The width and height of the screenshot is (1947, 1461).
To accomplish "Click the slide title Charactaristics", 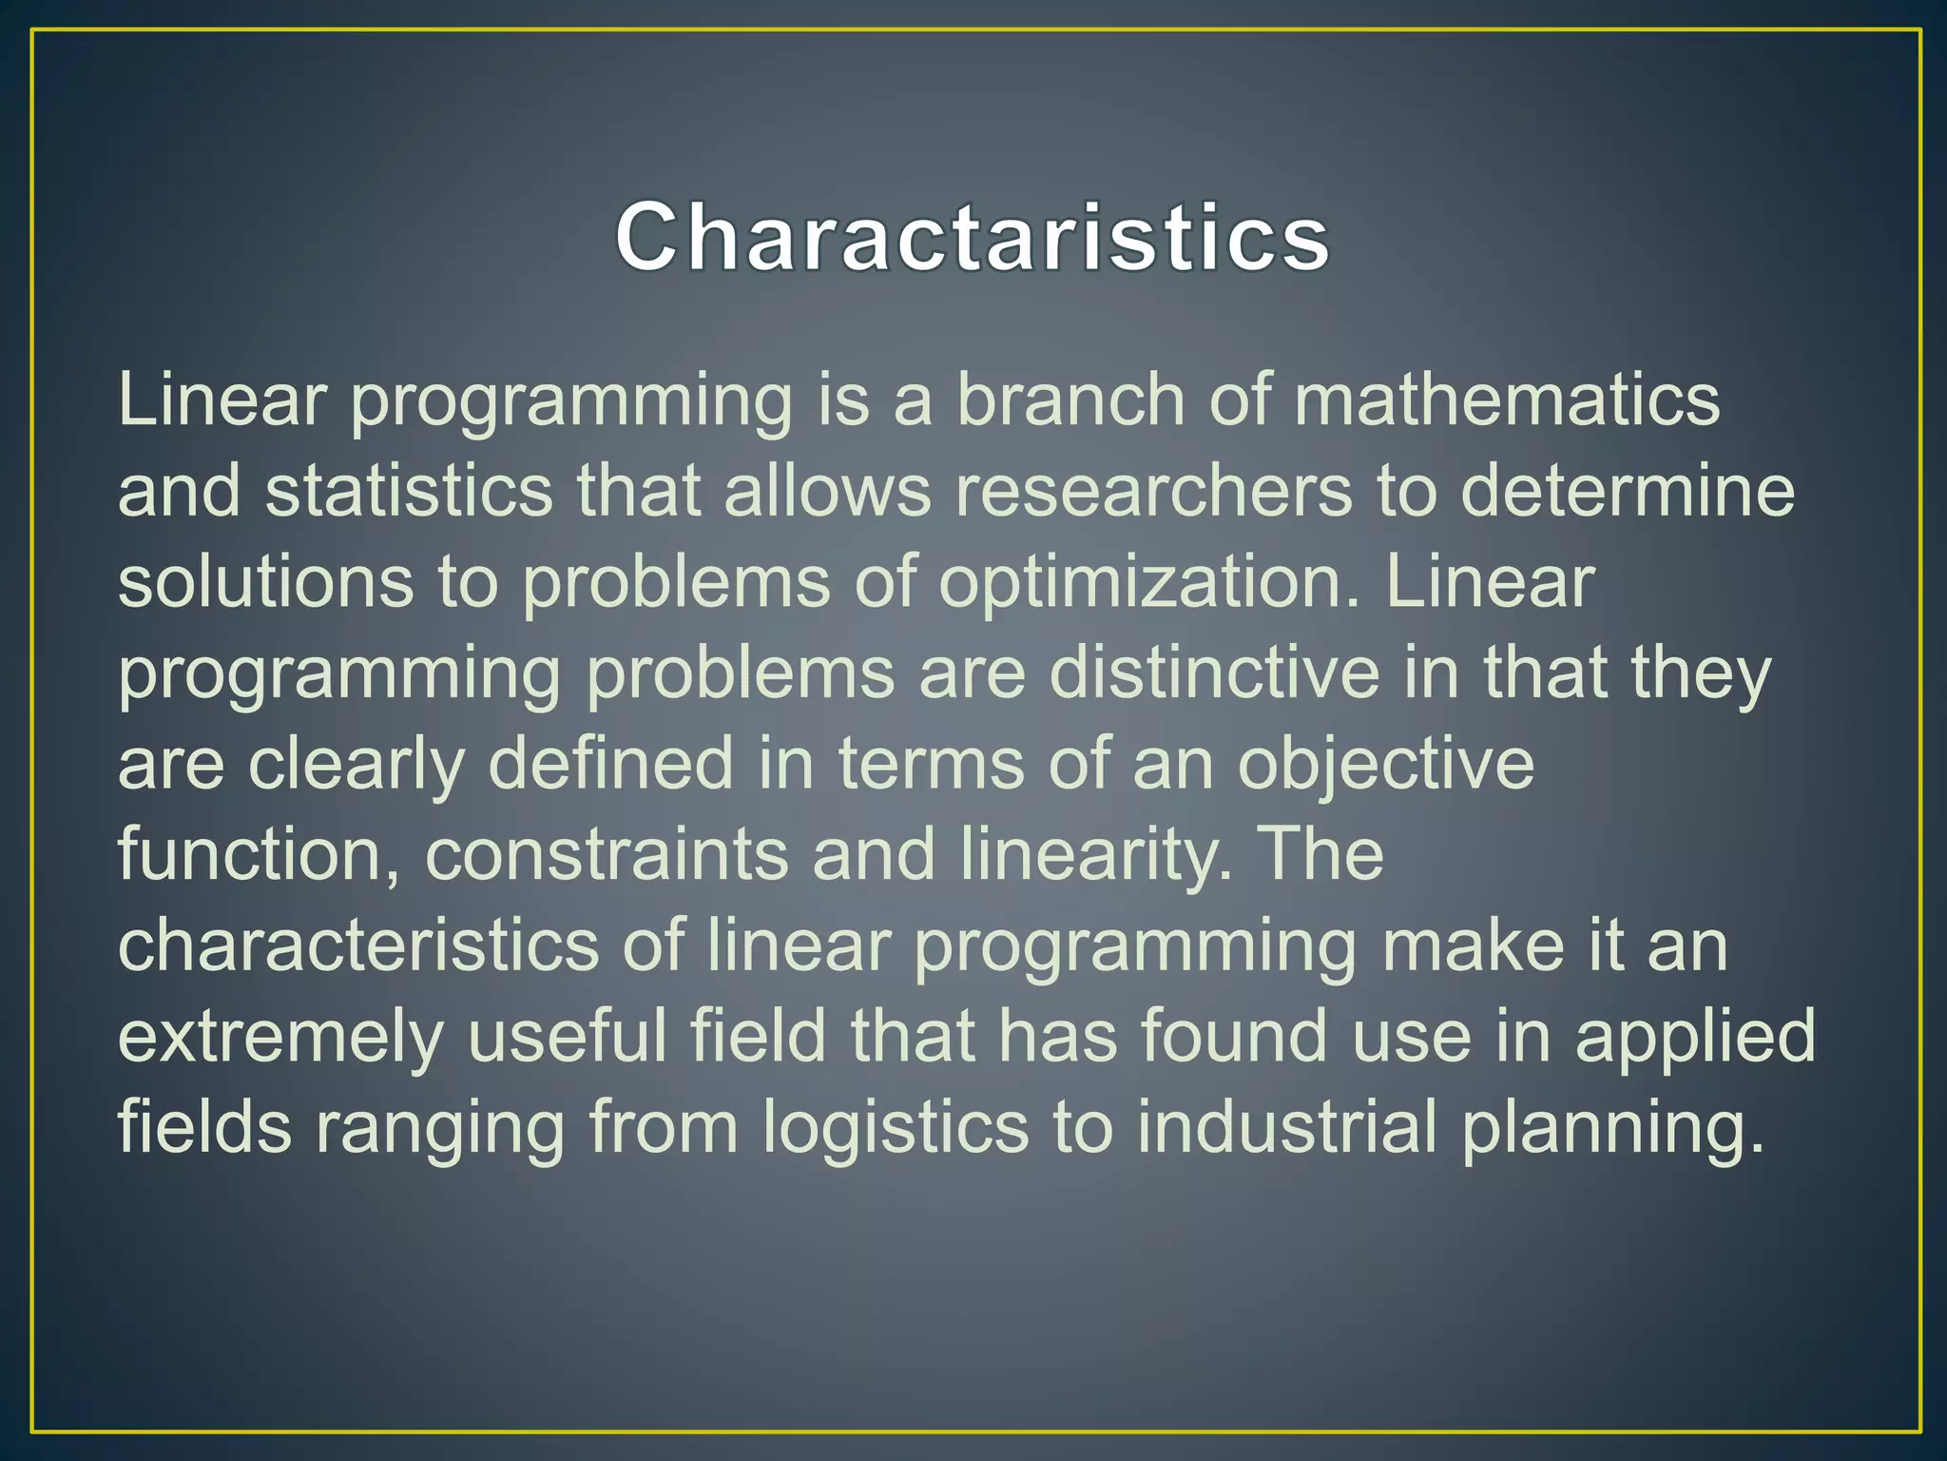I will (972, 237).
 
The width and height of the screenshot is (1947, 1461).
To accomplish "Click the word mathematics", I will (1507, 399).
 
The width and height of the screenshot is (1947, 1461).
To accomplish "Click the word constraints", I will (606, 854).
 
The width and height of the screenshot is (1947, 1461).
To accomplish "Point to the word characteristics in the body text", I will (358, 945).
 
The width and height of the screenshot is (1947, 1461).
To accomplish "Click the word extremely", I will (280, 1037).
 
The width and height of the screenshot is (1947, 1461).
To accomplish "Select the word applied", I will (1695, 1037).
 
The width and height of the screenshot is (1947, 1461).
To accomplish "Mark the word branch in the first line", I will (1070, 399).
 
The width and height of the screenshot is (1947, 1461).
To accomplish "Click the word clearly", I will (357, 765).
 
